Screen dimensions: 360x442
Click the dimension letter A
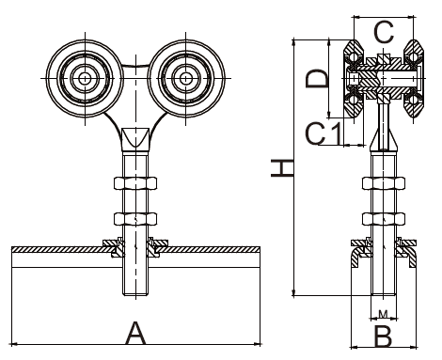137,331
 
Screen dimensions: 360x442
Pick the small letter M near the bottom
382,311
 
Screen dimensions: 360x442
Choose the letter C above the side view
383,32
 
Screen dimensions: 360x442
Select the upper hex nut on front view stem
134,183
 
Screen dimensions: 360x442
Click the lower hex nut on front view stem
134,219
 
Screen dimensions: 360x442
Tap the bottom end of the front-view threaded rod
134,292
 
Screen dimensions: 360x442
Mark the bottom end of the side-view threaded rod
382,292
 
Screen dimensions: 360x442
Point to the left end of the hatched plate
14,250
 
